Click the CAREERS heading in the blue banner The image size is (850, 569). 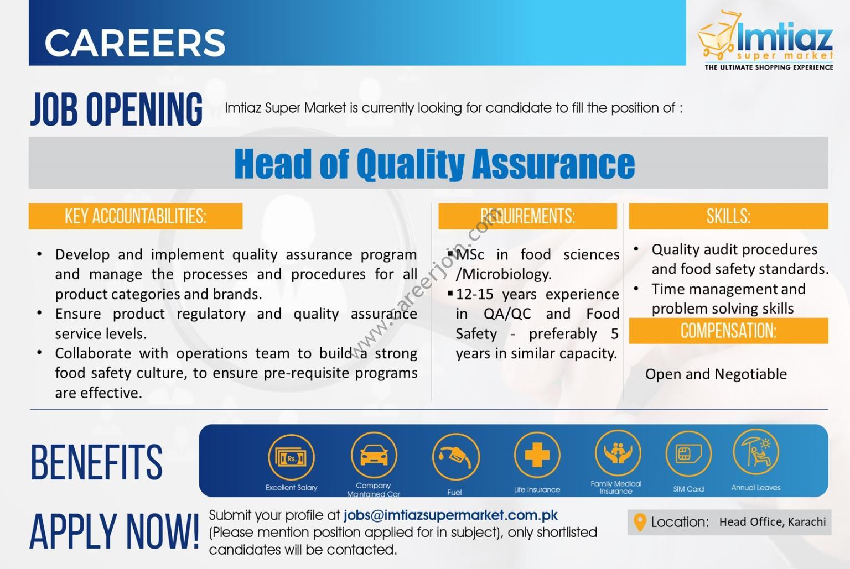coord(135,43)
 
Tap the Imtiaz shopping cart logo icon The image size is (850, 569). coord(717,35)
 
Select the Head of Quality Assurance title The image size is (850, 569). coord(434,163)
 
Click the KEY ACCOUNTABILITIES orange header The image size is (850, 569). coord(136,216)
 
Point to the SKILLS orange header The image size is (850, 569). coord(728,216)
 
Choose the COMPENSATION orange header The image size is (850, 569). coord(728,331)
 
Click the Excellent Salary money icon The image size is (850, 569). coord(292,457)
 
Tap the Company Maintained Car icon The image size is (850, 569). coord(374,455)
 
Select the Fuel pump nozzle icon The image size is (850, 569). coord(456,457)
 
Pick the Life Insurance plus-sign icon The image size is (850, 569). coord(537,455)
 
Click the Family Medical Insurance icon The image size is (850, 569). coord(618,453)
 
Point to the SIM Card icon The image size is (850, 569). coord(688,454)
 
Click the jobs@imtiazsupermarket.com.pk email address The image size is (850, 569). coord(451,515)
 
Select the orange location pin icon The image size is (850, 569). coord(640,523)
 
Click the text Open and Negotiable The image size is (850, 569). coord(716,374)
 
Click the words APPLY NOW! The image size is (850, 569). coord(114,531)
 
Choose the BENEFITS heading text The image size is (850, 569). coord(96,462)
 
